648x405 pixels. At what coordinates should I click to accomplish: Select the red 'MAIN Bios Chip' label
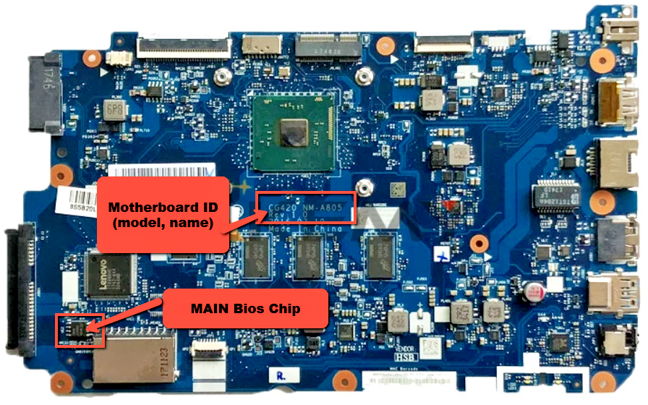[x=245, y=308]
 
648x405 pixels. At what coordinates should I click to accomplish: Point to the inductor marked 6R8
[x=114, y=110]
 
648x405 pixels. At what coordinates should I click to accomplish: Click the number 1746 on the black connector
[x=48, y=77]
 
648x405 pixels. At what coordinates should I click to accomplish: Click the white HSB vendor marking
[x=401, y=357]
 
